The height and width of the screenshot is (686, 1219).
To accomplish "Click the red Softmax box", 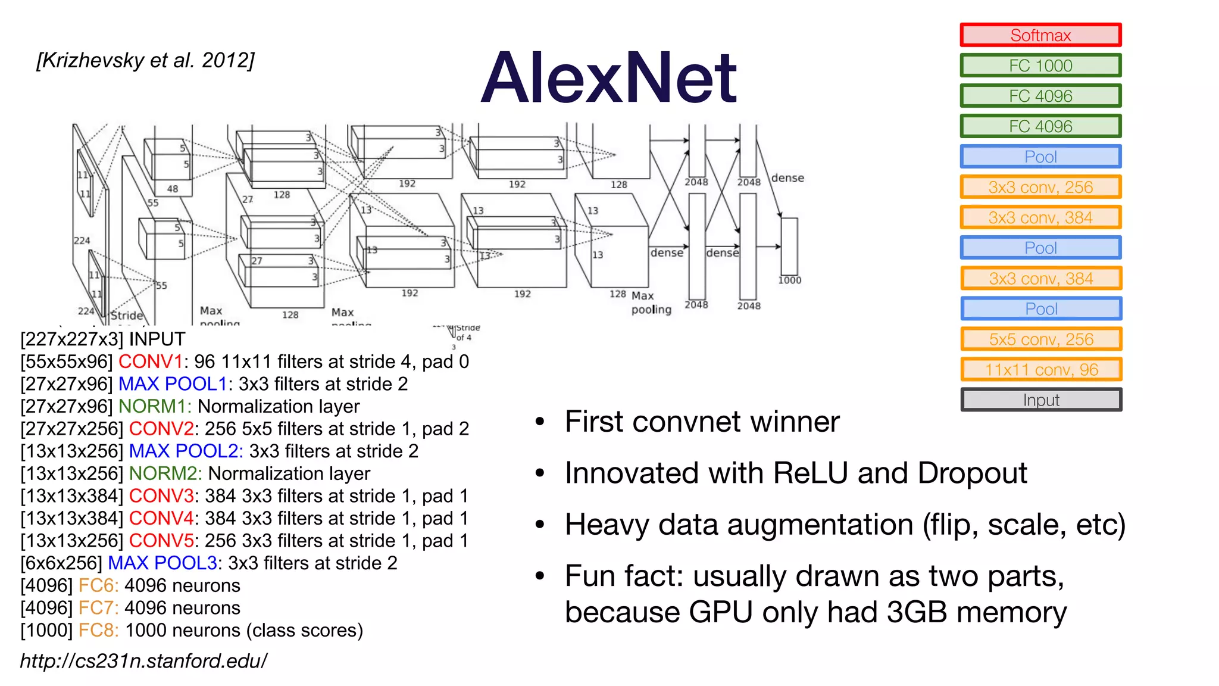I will pos(1040,35).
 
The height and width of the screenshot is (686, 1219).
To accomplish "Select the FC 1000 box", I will pos(1040,66).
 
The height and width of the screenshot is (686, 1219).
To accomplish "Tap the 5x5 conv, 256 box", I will pos(1040,339).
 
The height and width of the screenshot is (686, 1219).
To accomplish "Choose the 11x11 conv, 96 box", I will pos(1040,370).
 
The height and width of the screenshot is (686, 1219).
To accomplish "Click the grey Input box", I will pos(1040,400).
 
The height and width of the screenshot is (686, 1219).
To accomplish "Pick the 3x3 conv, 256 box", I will pos(1040,187).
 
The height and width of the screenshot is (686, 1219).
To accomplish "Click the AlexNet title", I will pos(609,78).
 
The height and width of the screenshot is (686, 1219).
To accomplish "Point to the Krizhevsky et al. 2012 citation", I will pos(145,60).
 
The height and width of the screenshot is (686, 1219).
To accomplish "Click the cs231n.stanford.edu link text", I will pos(143,661).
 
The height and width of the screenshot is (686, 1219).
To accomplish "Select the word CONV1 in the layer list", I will pos(151,361).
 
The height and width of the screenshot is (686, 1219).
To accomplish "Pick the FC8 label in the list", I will pos(98,630).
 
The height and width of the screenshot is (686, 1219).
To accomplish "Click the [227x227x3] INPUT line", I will pos(102,339).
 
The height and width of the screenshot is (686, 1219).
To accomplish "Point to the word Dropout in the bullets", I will pos(972,473).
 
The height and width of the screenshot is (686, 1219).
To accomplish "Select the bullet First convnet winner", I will pos(702,422).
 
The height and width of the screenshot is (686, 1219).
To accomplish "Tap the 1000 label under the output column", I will pos(789,280).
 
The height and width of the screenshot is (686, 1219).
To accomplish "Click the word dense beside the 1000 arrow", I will pos(787,178).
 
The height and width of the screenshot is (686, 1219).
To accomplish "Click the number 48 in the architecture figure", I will pos(172,189).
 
